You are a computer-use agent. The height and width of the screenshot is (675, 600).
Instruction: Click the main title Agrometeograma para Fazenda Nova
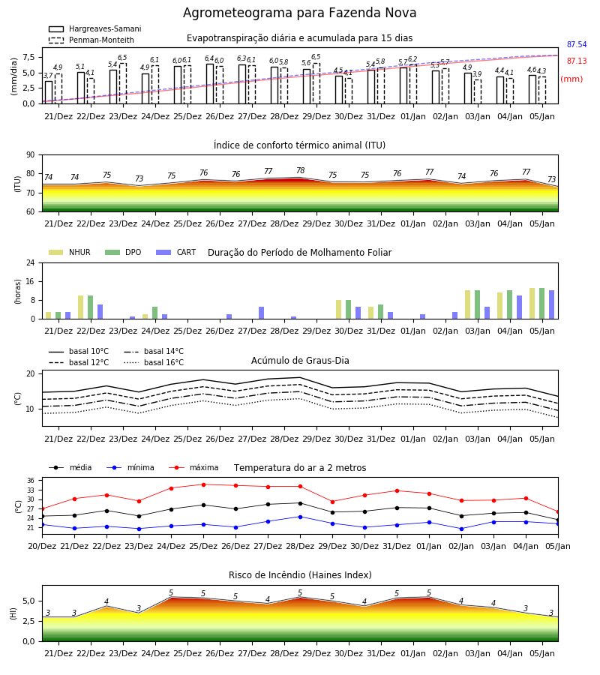(x=299, y=13)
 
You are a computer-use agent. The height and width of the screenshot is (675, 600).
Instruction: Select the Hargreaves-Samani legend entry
(x=94, y=28)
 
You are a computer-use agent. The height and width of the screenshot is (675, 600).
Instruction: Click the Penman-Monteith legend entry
(x=91, y=40)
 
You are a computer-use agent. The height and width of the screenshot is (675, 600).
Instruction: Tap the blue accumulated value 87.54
(x=577, y=45)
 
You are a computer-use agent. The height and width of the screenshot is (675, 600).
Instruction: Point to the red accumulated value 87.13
(x=577, y=61)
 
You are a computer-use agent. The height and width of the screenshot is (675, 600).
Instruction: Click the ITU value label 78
(x=301, y=170)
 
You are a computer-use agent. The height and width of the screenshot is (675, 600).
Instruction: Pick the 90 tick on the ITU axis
(x=31, y=155)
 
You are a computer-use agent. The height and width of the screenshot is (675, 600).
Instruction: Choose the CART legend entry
(x=176, y=252)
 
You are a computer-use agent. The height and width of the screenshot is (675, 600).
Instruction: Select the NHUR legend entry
(x=70, y=252)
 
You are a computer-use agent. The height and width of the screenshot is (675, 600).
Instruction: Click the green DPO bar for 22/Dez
(x=91, y=307)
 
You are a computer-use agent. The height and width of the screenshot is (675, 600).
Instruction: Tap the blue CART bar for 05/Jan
(x=552, y=304)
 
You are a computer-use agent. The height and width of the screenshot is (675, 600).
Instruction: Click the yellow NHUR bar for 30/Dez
(x=339, y=310)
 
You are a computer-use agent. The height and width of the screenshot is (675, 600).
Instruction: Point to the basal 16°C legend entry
(x=154, y=362)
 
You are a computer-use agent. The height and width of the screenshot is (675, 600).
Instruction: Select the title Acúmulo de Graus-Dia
(x=300, y=361)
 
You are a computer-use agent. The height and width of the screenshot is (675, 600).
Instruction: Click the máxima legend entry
(x=193, y=467)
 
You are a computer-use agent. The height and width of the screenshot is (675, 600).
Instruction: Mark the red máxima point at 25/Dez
(x=203, y=484)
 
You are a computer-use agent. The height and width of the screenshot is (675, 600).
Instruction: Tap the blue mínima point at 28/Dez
(x=301, y=517)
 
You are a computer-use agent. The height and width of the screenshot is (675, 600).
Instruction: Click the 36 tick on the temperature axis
(x=31, y=481)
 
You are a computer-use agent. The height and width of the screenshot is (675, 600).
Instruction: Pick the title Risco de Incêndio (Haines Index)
(x=300, y=575)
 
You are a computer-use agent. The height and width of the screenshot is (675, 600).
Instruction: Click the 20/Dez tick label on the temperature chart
(x=42, y=546)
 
